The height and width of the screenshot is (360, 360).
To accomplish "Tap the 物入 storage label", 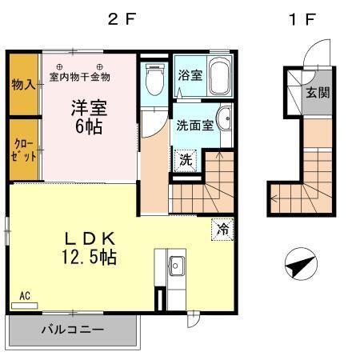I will (23, 83).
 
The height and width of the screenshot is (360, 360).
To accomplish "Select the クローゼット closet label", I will (24, 150).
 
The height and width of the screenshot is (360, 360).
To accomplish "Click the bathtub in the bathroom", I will (218, 76).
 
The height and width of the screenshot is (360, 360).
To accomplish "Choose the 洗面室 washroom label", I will (193, 125).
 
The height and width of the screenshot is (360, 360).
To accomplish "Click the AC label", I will (25, 296).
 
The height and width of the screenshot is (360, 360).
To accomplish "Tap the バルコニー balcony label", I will (73, 330).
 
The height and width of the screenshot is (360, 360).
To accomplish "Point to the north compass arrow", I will (297, 264).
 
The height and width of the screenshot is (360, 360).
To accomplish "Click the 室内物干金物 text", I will (79, 77).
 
